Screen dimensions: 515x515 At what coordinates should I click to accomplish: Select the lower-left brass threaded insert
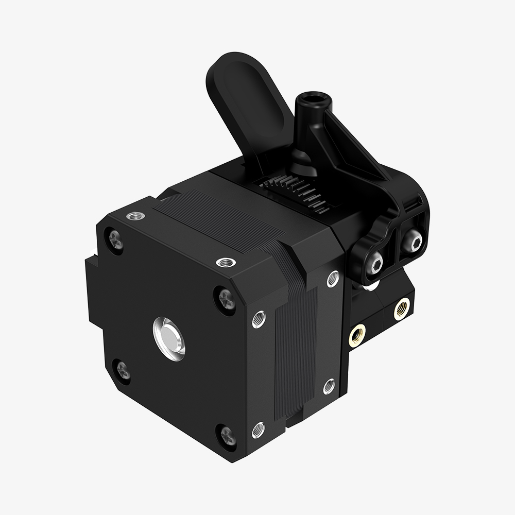click(x=356, y=336)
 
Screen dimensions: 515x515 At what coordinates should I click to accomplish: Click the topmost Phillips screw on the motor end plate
click(x=115, y=240)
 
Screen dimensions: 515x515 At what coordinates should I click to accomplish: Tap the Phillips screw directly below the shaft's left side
click(x=123, y=370)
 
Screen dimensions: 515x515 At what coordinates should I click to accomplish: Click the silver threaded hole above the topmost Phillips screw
click(x=136, y=215)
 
